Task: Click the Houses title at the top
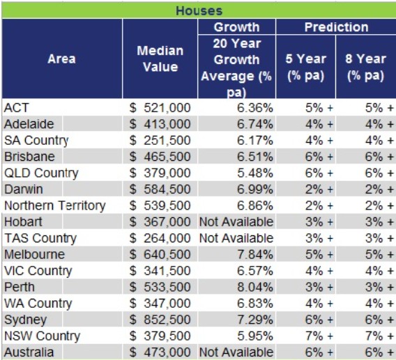click(199, 10)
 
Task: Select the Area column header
click(61, 59)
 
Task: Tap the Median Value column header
click(160, 59)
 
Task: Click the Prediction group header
click(335, 27)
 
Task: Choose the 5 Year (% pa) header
click(305, 67)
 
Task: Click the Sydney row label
click(25, 320)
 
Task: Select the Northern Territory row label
click(54, 205)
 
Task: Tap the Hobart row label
click(23, 221)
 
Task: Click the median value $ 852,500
click(160, 320)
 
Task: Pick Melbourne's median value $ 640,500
click(160, 254)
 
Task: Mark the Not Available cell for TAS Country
click(236, 238)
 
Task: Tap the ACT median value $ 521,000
click(160, 107)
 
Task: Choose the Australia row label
click(29, 352)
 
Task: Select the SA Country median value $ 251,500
click(160, 140)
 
